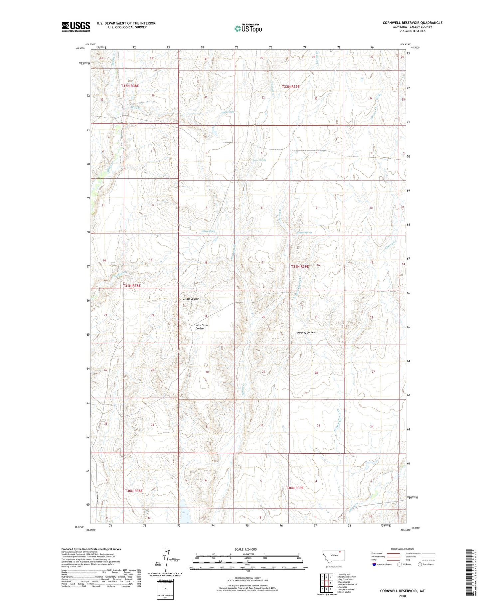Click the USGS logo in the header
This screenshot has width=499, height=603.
76,27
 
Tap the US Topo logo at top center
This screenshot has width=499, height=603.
248,29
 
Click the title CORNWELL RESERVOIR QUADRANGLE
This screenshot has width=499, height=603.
412,23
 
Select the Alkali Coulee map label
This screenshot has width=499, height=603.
191,299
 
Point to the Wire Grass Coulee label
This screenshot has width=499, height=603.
202,327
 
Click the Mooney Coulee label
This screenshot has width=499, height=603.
306,332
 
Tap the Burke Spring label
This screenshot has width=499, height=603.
259,160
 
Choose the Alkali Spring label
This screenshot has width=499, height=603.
208,231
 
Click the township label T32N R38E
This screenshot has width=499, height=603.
130,86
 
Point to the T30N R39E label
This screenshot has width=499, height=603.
295,488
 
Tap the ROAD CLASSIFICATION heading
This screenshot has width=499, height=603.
403,549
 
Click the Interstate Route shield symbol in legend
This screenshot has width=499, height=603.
374,564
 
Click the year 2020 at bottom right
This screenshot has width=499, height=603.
402,595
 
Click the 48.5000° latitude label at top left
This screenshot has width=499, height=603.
81,48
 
